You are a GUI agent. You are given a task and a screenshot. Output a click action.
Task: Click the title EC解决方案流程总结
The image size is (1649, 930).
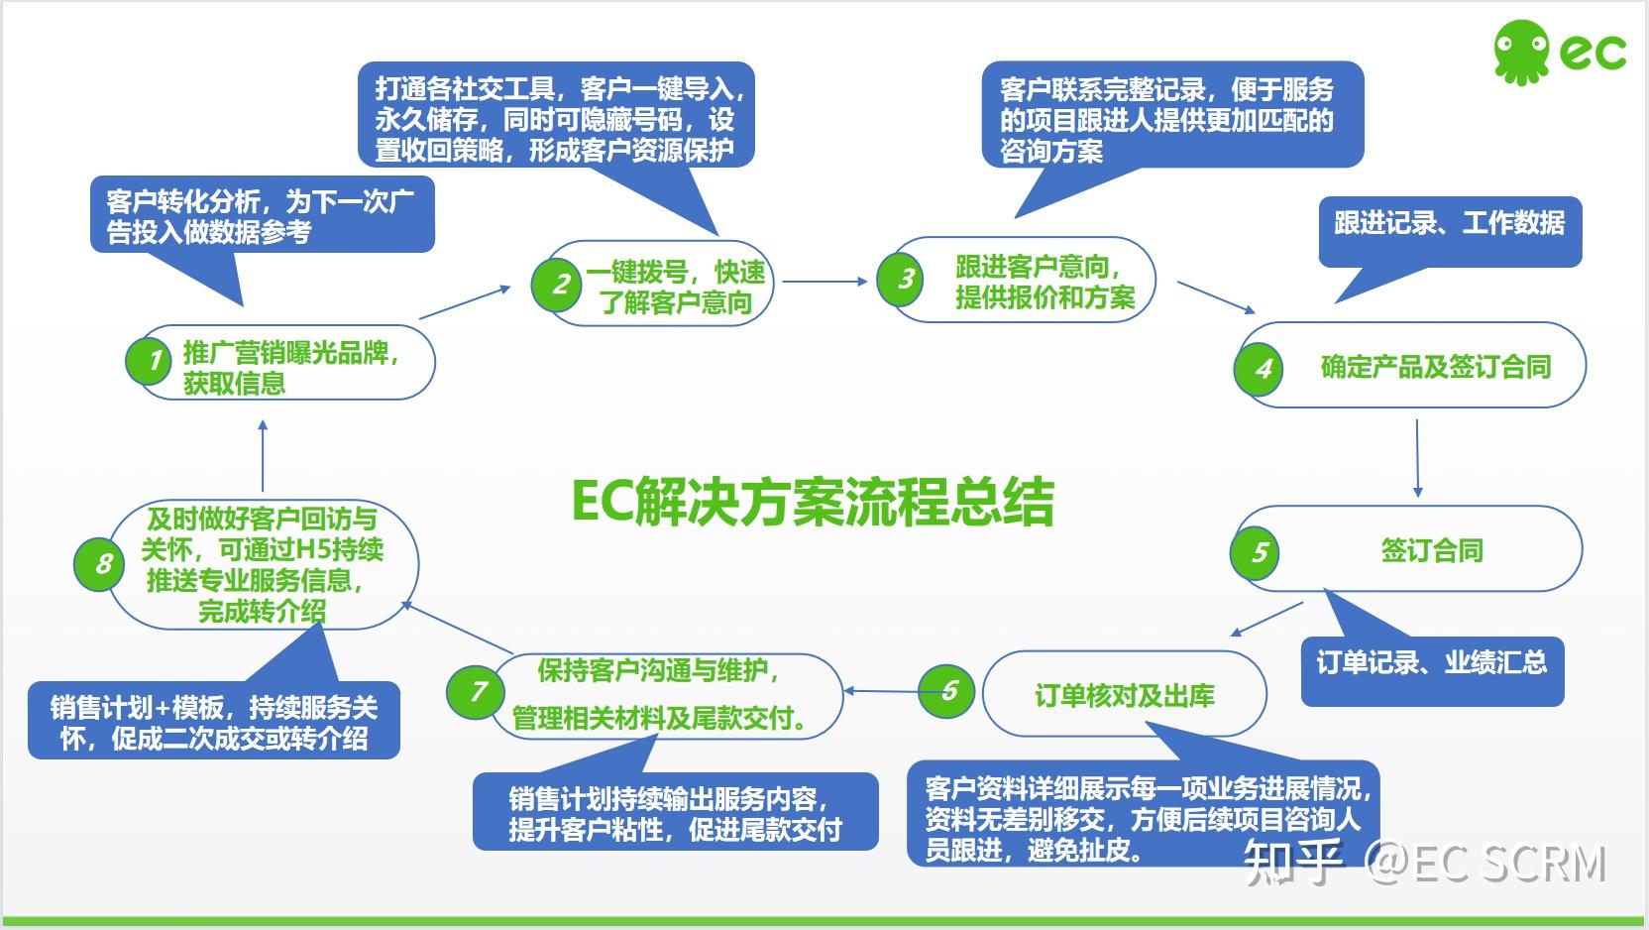[x=813, y=502]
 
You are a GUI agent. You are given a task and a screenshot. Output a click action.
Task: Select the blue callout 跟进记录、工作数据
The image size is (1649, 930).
[x=1449, y=225]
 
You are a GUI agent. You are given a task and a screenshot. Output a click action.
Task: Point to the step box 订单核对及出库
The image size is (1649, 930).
[x=1124, y=694]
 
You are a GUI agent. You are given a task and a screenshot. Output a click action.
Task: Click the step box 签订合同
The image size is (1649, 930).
[x=1431, y=550]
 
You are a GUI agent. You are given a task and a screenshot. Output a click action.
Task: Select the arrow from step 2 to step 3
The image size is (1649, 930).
[x=824, y=282]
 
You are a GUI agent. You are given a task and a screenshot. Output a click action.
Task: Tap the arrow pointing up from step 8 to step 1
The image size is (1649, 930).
[x=263, y=456]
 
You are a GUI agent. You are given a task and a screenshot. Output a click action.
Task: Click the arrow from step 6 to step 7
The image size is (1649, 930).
[x=881, y=691]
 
